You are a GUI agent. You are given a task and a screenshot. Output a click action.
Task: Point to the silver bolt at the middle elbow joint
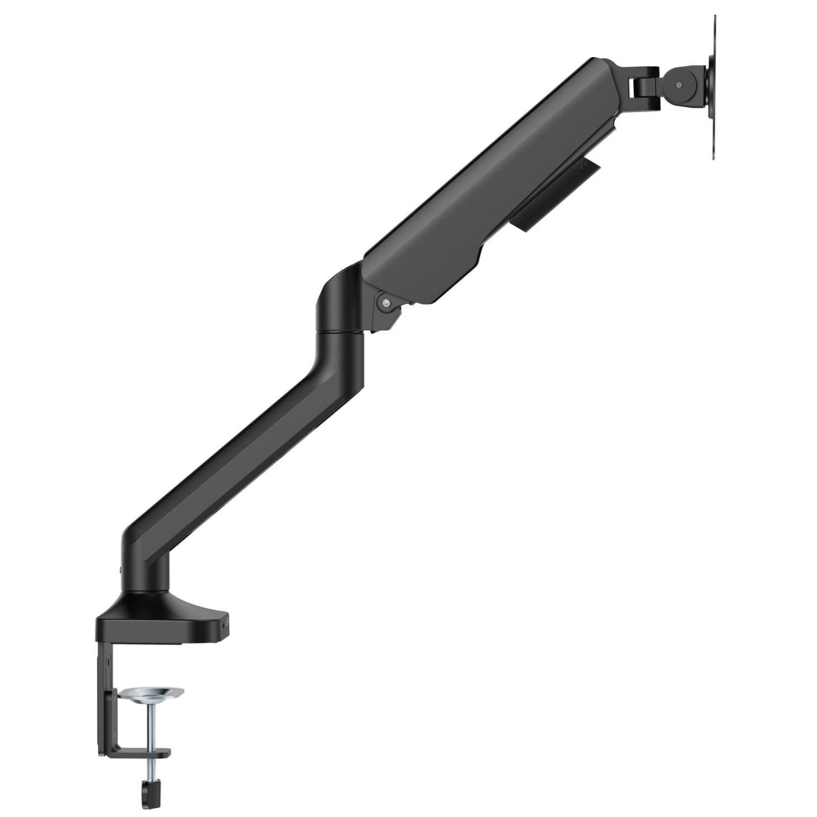coord(385,302)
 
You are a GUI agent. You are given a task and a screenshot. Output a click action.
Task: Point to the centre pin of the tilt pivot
coord(678,85)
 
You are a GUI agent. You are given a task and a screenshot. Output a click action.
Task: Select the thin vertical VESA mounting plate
coord(713,88)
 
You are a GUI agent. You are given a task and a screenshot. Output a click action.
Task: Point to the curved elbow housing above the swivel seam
coord(338,298)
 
